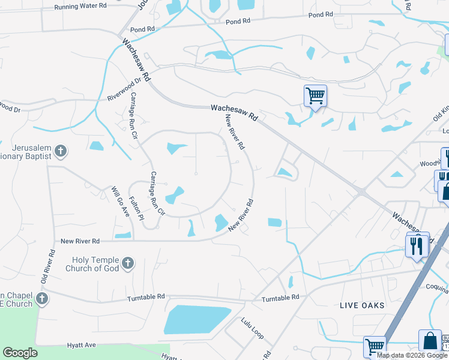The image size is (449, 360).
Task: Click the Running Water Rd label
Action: tap(80, 6)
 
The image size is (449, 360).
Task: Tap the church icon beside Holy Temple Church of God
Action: tap(127, 263)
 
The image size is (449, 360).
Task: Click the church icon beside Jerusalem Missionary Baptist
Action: tap(60, 151)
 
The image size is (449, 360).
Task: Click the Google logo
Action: tap(20, 353)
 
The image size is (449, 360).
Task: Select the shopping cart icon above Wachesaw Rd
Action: tap(315, 95)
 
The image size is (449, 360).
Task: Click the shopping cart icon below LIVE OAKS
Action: tap(375, 346)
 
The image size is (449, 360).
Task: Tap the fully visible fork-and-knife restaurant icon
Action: tap(417, 244)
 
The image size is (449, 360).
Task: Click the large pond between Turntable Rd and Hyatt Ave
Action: tap(197, 319)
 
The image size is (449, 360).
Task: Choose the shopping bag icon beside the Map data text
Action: tap(430, 340)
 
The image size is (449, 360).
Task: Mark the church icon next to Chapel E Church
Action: tap(42, 299)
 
